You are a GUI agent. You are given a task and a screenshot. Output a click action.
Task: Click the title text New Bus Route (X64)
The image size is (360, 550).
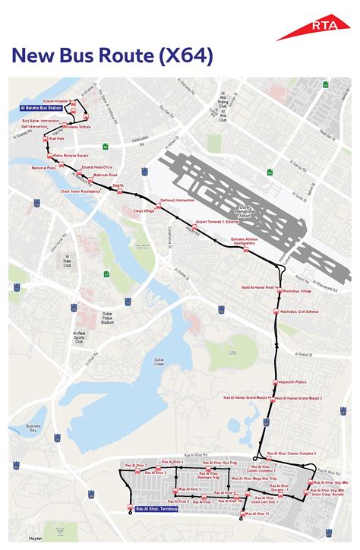pyautogui.click(x=111, y=55)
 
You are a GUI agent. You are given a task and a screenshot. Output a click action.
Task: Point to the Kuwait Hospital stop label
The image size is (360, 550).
pyautogui.click(x=55, y=101)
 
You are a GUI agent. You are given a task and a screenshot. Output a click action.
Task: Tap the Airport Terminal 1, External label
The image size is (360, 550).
pyautogui.click(x=212, y=222)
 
